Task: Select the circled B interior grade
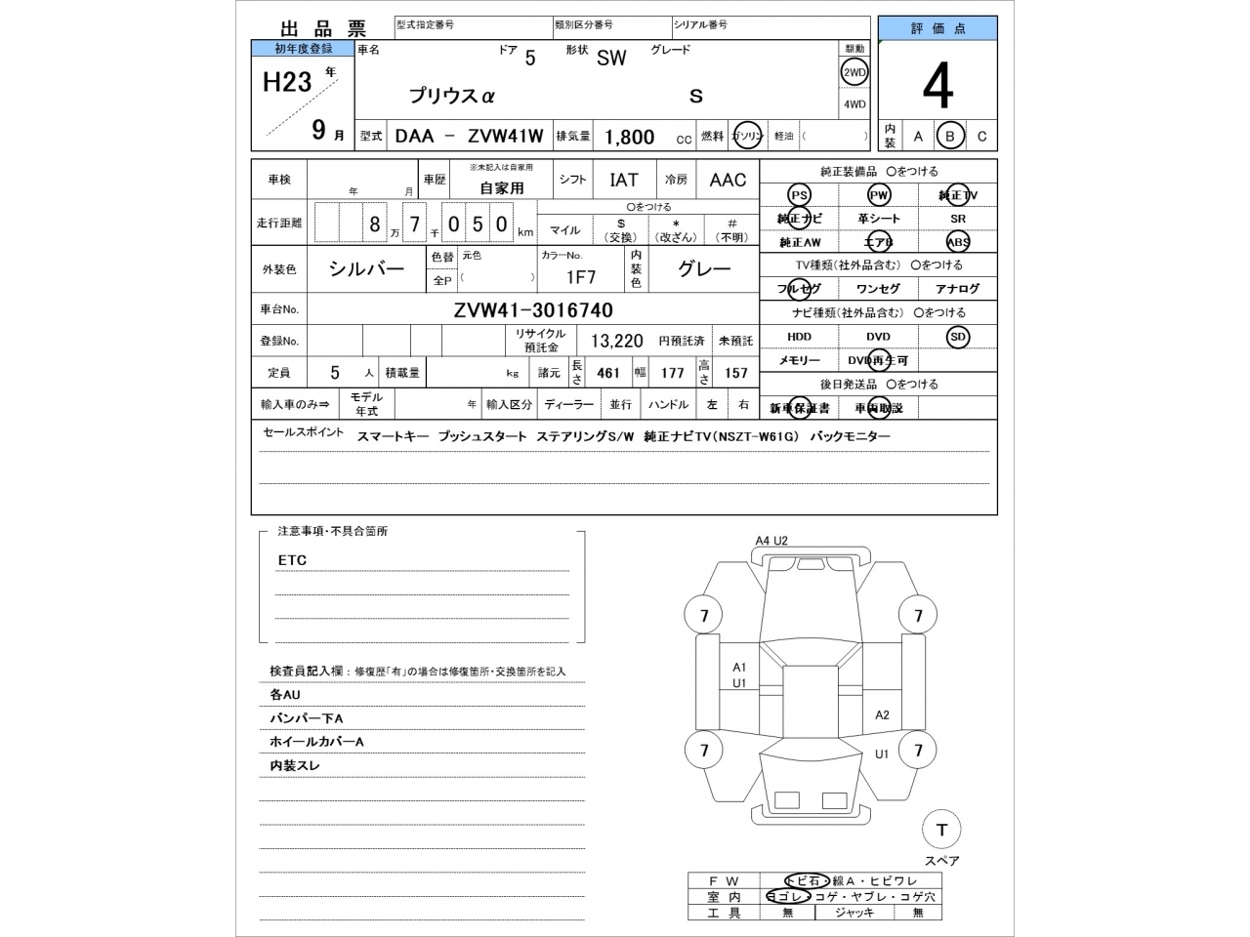pos(949,137)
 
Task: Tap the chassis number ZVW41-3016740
pos(533,310)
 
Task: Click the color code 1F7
pos(581,277)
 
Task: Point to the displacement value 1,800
pos(630,138)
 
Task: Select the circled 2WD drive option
pos(854,72)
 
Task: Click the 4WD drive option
pos(854,104)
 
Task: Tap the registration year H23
pos(287,82)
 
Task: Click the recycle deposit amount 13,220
pos(616,341)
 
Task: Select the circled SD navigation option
pos(958,337)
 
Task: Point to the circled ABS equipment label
pos(958,242)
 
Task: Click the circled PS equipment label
pos(799,195)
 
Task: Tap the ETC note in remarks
pos(292,560)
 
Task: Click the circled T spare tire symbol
pos(941,830)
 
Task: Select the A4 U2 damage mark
pos(771,541)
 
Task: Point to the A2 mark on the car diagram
pos(882,714)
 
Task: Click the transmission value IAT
pos(624,180)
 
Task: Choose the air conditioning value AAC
pos(728,180)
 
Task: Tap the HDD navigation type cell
pos(799,337)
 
